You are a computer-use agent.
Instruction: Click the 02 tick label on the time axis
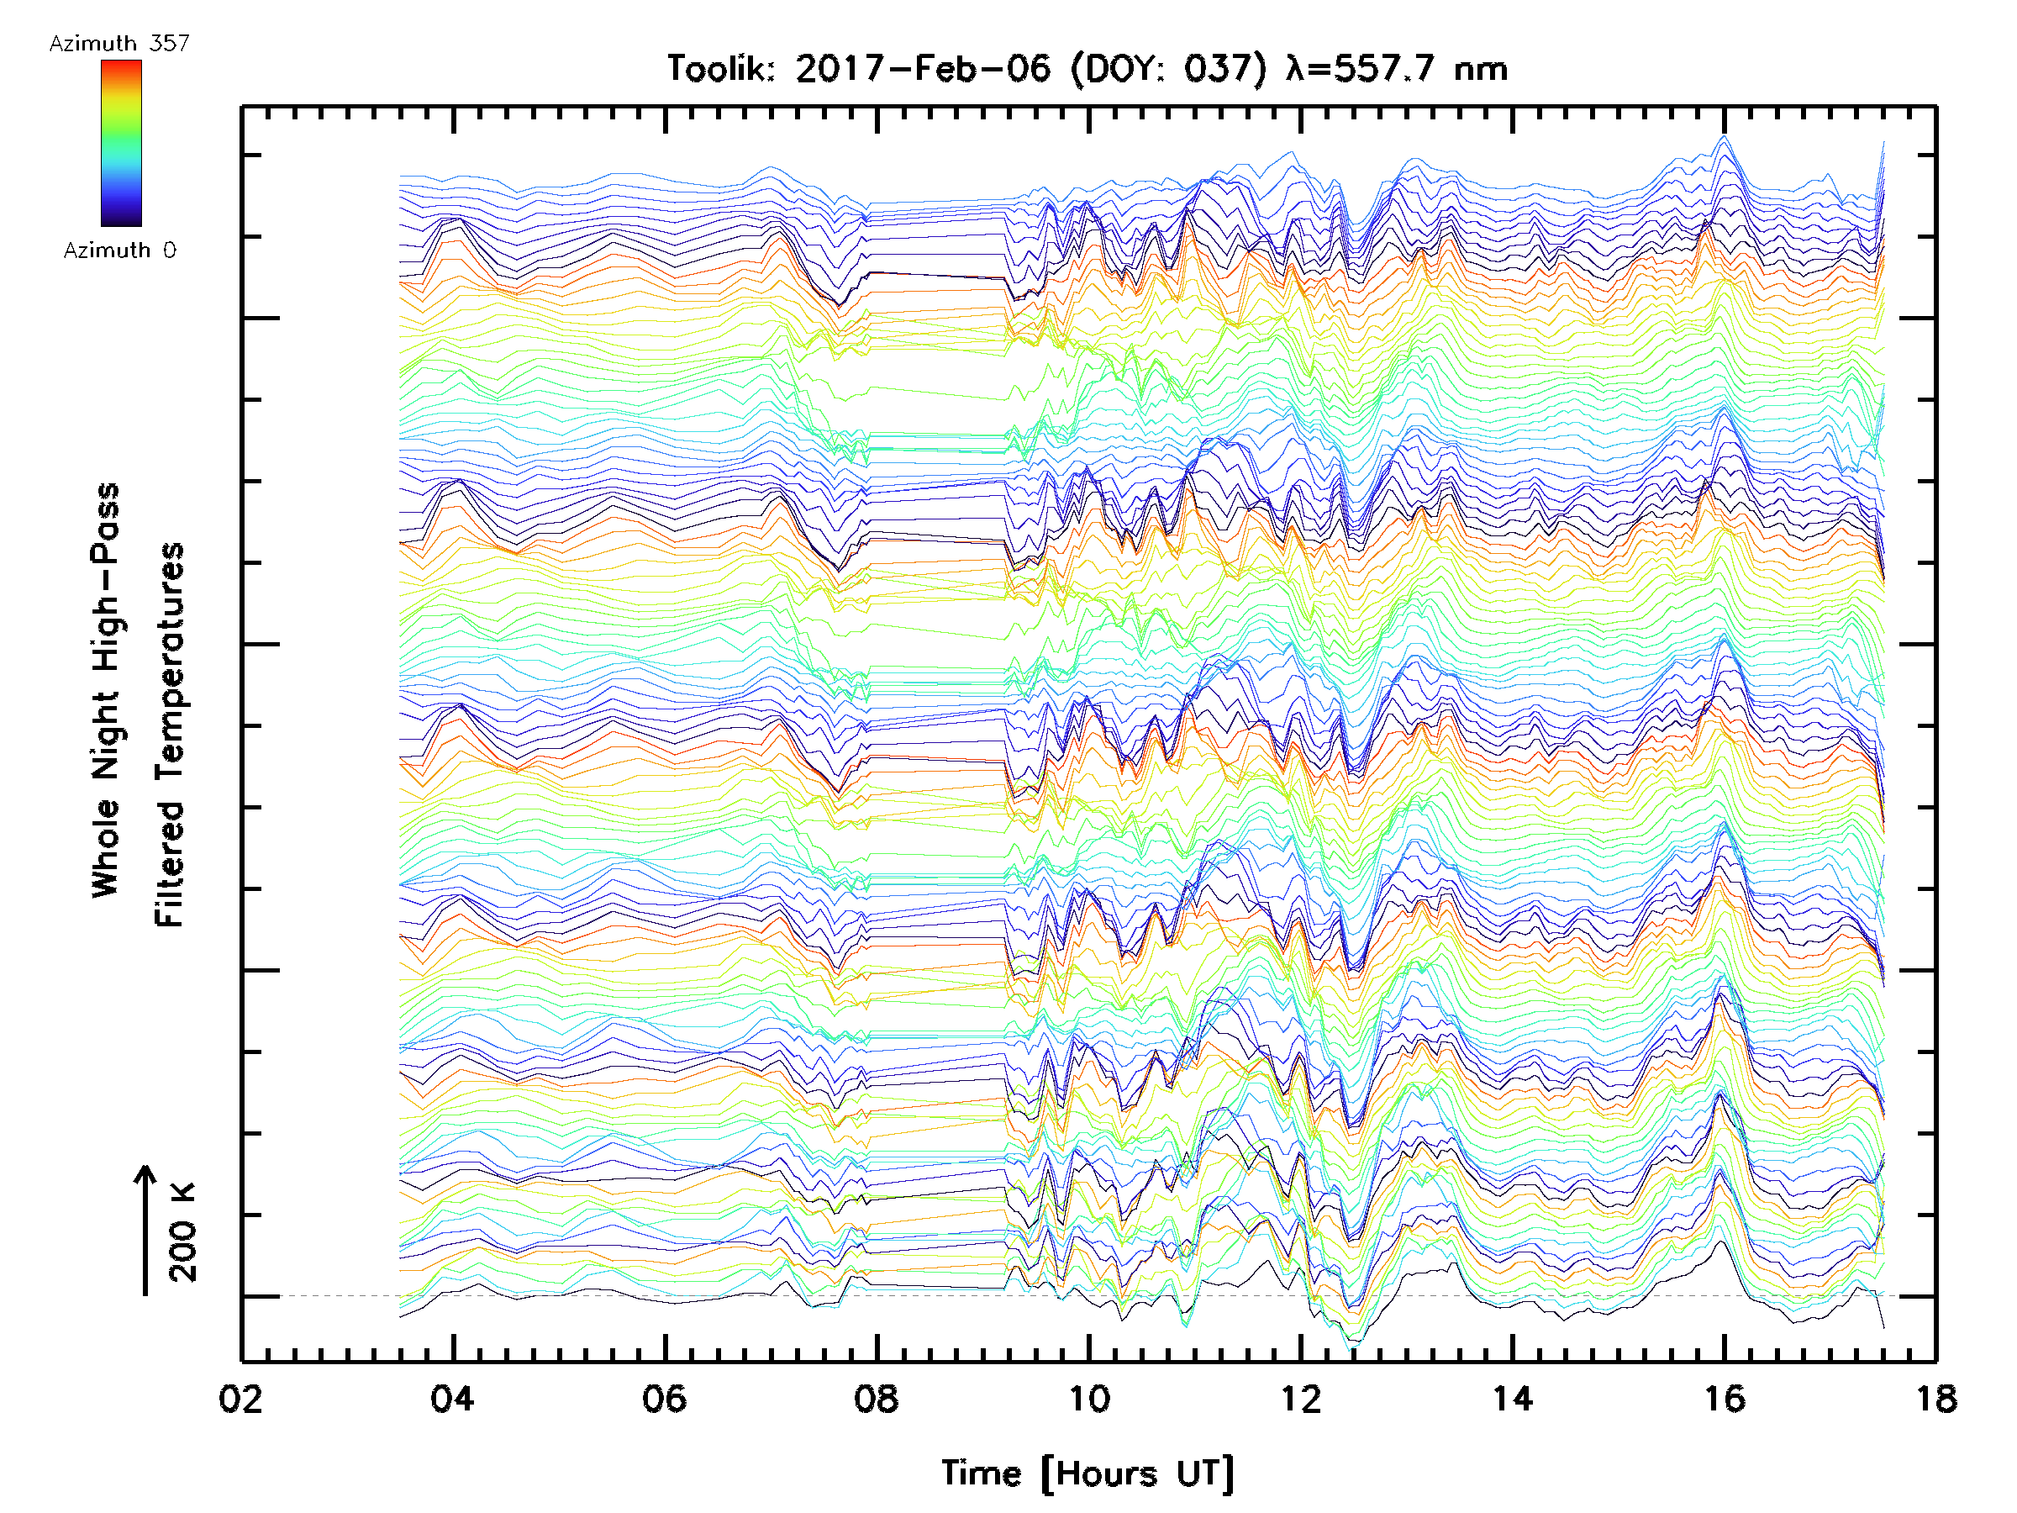coord(240,1399)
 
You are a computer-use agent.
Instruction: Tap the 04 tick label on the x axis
coord(452,1399)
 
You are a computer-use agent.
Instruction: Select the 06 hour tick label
coord(664,1399)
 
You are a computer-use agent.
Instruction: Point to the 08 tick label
coord(877,1399)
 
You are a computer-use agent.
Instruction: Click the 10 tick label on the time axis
coord(1088,1399)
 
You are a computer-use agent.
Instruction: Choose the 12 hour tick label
coord(1300,1399)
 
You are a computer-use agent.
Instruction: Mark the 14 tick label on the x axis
coord(1513,1399)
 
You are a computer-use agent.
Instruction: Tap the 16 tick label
coord(1725,1399)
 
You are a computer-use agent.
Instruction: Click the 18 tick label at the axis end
coord(1935,1399)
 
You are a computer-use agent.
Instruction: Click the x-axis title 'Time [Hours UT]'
coord(1087,1473)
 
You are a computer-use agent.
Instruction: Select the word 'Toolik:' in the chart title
coord(721,69)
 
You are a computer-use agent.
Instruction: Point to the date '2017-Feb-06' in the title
coord(923,69)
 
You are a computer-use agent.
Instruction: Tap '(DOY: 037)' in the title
coord(1169,69)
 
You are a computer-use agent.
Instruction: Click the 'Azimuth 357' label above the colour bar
coord(119,44)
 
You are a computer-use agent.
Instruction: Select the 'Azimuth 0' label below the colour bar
coord(119,250)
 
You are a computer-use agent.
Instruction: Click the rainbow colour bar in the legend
coord(121,143)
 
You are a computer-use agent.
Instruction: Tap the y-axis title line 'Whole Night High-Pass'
coord(106,690)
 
